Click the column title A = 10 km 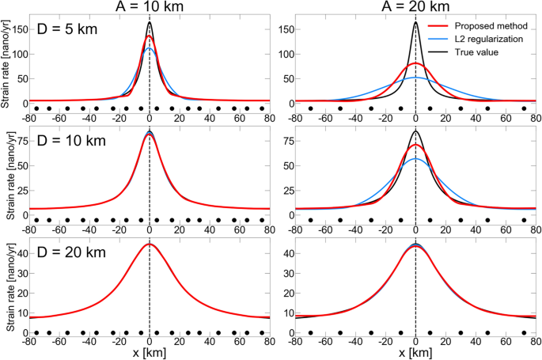150,7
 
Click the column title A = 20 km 415,7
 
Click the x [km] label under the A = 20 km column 415,352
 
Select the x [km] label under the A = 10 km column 150,352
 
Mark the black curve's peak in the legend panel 415,22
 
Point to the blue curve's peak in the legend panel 415,78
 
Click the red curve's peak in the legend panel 415,63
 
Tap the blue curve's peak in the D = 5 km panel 150,48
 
